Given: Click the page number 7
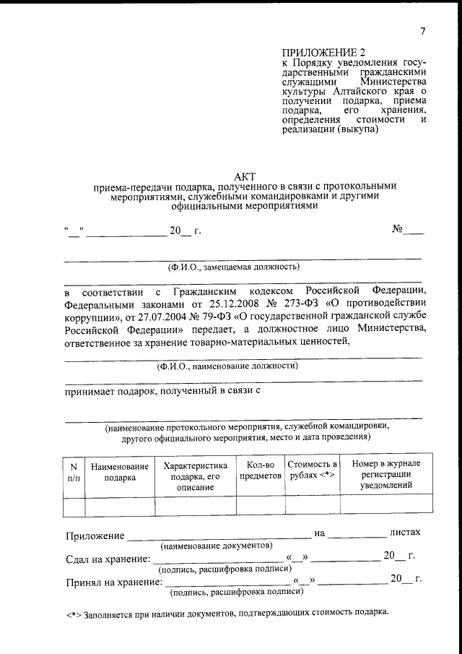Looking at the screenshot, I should click(x=422, y=30).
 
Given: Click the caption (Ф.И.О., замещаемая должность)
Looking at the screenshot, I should click(x=244, y=267).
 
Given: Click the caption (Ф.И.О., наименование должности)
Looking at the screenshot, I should click(x=243, y=366).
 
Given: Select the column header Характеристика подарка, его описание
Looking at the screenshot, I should click(x=196, y=478).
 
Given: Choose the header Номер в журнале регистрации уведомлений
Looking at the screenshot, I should click(x=386, y=478).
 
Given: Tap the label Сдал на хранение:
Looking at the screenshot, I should click(x=108, y=559).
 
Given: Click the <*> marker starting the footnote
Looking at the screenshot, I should click(x=73, y=613).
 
